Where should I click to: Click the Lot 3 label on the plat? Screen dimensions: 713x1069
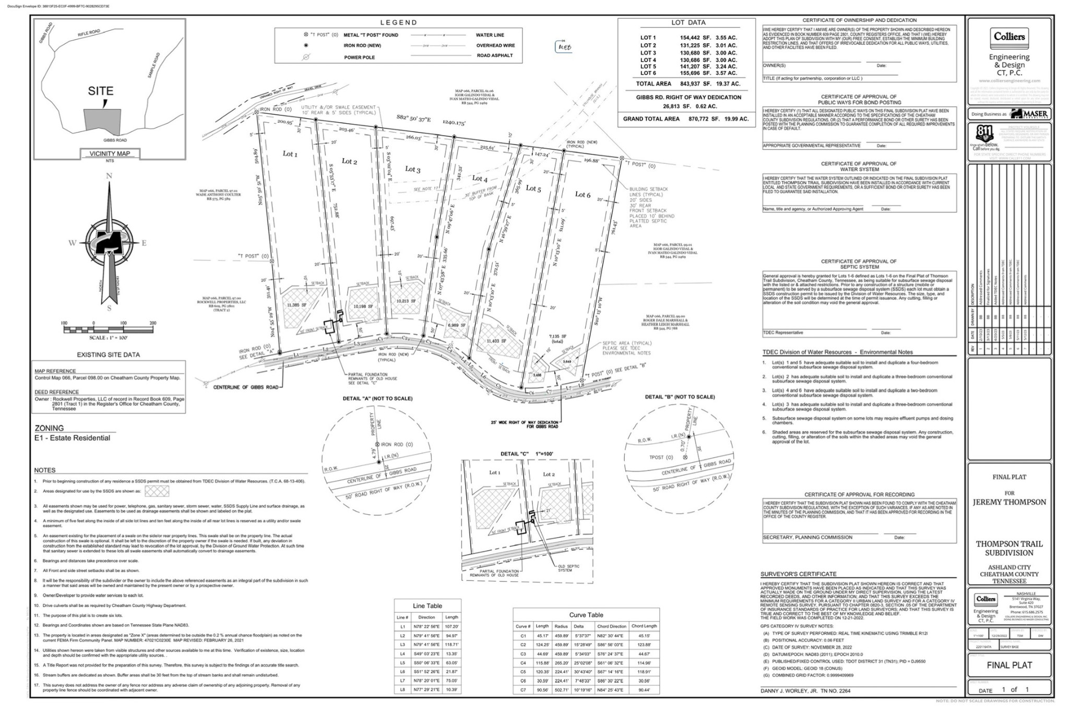(x=412, y=169)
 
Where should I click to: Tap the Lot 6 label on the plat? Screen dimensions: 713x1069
(x=583, y=195)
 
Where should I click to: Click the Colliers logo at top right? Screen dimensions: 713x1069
(x=1009, y=37)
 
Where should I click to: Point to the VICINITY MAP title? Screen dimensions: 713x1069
(x=109, y=153)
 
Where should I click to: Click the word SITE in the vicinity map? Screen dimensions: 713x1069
(x=100, y=91)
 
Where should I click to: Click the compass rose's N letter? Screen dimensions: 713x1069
(x=109, y=176)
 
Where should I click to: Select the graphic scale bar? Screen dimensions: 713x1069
(x=109, y=329)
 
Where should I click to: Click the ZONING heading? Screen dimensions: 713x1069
(x=49, y=428)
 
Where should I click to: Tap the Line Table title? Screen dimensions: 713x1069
(x=427, y=606)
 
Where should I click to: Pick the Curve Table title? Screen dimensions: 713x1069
(x=586, y=615)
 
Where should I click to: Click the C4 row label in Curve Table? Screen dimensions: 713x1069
(x=523, y=663)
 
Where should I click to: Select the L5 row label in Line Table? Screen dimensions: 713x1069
(x=402, y=662)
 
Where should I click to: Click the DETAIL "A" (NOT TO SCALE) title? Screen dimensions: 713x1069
(x=377, y=399)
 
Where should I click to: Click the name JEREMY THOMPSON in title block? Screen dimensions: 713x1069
(x=1009, y=502)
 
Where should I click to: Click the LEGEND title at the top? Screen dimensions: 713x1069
(x=398, y=22)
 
